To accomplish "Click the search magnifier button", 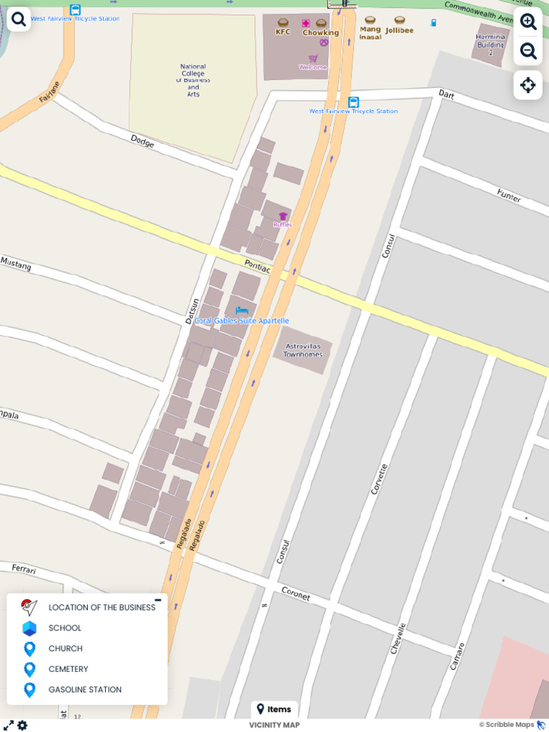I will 19,19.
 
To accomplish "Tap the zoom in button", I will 528,21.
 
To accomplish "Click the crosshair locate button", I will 528,85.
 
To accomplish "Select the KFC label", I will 283,31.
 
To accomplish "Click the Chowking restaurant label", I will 320,32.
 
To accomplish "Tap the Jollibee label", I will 400,30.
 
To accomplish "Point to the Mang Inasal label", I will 370,32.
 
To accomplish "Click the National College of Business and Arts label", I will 193,80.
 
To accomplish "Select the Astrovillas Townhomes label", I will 302,350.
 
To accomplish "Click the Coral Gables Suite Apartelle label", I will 242,321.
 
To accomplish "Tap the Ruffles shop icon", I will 283,216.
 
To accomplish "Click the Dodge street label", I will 142,142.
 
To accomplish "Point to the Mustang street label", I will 16,264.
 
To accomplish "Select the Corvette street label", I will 379,479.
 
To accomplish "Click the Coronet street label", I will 295,593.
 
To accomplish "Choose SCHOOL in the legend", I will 64,628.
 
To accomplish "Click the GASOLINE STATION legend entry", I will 84,690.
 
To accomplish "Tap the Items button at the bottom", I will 274,709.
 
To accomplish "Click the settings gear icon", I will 22,725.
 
